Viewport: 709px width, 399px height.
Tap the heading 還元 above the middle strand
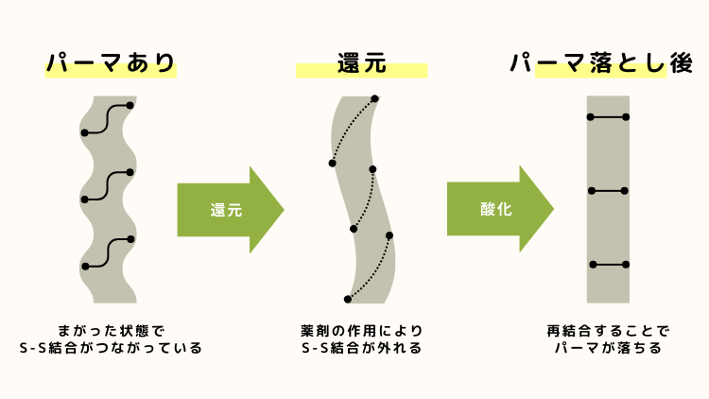coord(360,63)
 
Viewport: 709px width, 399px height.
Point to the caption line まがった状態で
coord(111,331)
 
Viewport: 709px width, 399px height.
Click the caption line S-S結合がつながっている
coord(111,349)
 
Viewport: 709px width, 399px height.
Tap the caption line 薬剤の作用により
coord(360,331)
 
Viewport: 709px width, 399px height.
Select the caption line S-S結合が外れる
coord(360,349)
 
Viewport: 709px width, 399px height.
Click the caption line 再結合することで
coord(607,331)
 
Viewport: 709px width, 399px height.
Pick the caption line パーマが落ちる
coord(607,349)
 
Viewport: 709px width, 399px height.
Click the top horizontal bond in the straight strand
coord(608,117)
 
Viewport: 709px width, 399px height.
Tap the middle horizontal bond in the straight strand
coord(608,191)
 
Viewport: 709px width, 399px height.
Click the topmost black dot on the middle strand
coord(375,99)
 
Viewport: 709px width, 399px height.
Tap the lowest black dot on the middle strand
coord(348,299)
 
